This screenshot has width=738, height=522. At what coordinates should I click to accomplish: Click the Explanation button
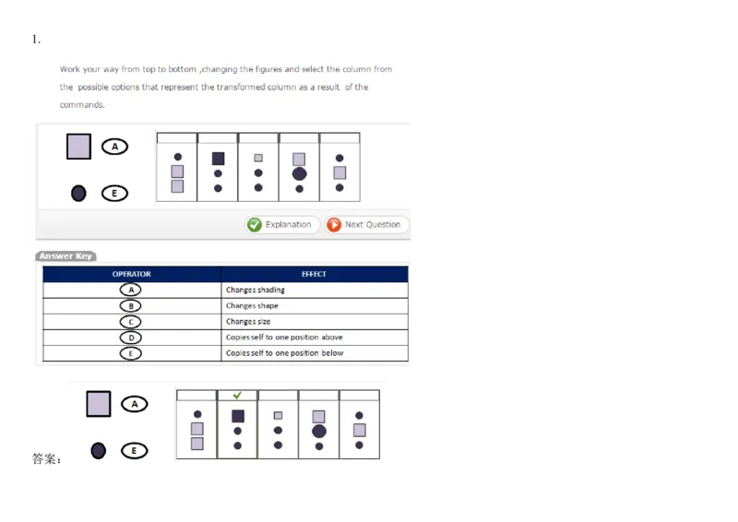point(282,224)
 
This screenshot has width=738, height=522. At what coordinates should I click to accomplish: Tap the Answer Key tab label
point(65,256)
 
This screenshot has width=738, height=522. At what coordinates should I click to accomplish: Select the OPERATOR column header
point(132,274)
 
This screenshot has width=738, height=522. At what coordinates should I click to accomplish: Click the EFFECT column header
point(315,274)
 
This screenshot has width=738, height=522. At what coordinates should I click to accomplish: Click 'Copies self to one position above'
point(284,338)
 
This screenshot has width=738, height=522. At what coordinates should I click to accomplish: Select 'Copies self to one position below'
point(284,353)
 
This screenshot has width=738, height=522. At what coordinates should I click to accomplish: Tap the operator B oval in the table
point(131,306)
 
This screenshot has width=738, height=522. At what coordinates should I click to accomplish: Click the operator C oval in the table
point(131,322)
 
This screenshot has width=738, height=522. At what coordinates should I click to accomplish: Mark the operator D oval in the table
point(131,338)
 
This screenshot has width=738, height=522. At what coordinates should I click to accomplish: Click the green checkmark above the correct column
point(237,395)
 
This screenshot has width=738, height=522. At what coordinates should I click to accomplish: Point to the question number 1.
point(36,40)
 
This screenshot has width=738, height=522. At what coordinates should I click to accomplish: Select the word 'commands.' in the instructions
point(82,105)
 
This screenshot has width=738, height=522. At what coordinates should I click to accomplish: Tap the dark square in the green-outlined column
point(238,416)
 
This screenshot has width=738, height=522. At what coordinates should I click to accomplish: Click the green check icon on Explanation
point(255,225)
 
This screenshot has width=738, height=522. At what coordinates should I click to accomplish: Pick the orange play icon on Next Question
point(334,225)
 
